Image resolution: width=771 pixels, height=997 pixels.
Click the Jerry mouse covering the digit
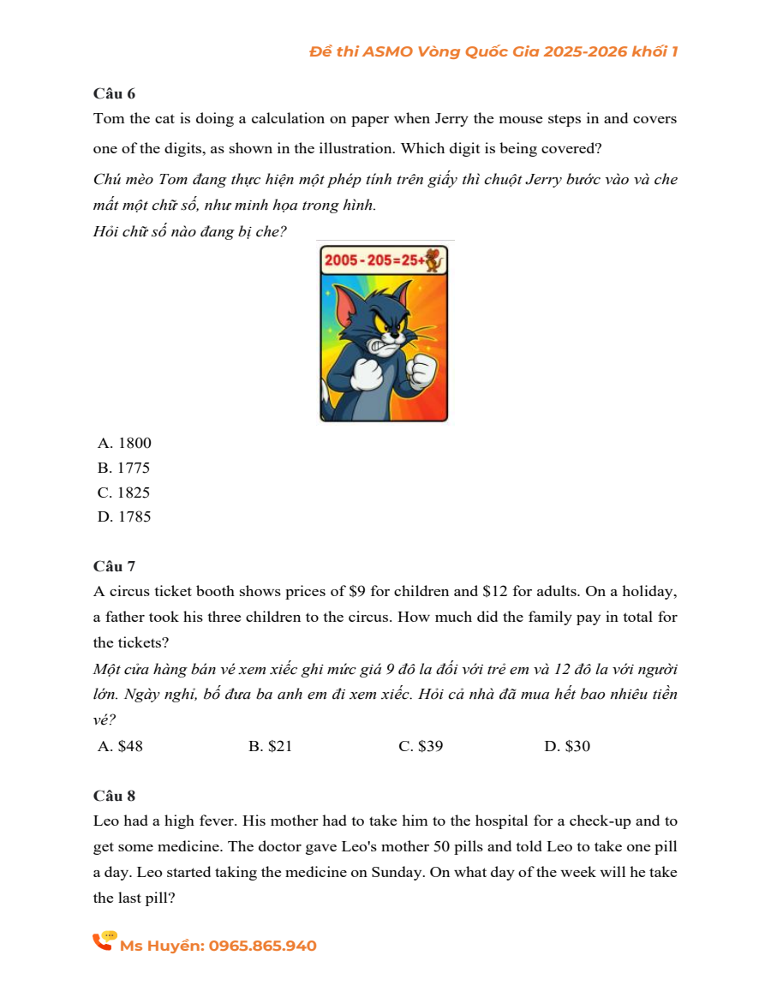point(437,259)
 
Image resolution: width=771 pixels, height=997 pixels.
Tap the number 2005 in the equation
point(340,260)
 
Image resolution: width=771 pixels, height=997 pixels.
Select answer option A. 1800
point(125,443)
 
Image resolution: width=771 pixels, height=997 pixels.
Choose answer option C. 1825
point(125,493)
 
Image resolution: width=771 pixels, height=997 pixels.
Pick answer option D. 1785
point(125,516)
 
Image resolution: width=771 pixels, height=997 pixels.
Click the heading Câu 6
point(114,93)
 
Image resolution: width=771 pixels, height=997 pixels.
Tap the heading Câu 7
point(114,566)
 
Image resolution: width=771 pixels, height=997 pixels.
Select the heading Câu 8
point(114,796)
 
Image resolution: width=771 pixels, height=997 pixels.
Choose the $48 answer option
point(122,746)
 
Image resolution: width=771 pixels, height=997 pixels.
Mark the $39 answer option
point(421,746)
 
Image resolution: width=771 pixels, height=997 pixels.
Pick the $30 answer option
point(568,746)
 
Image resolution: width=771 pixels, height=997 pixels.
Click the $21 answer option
point(271,746)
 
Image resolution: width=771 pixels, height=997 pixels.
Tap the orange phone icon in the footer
point(104,941)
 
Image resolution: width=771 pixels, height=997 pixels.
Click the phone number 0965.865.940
point(262,946)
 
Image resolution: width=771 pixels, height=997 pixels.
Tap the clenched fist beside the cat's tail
point(368,373)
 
